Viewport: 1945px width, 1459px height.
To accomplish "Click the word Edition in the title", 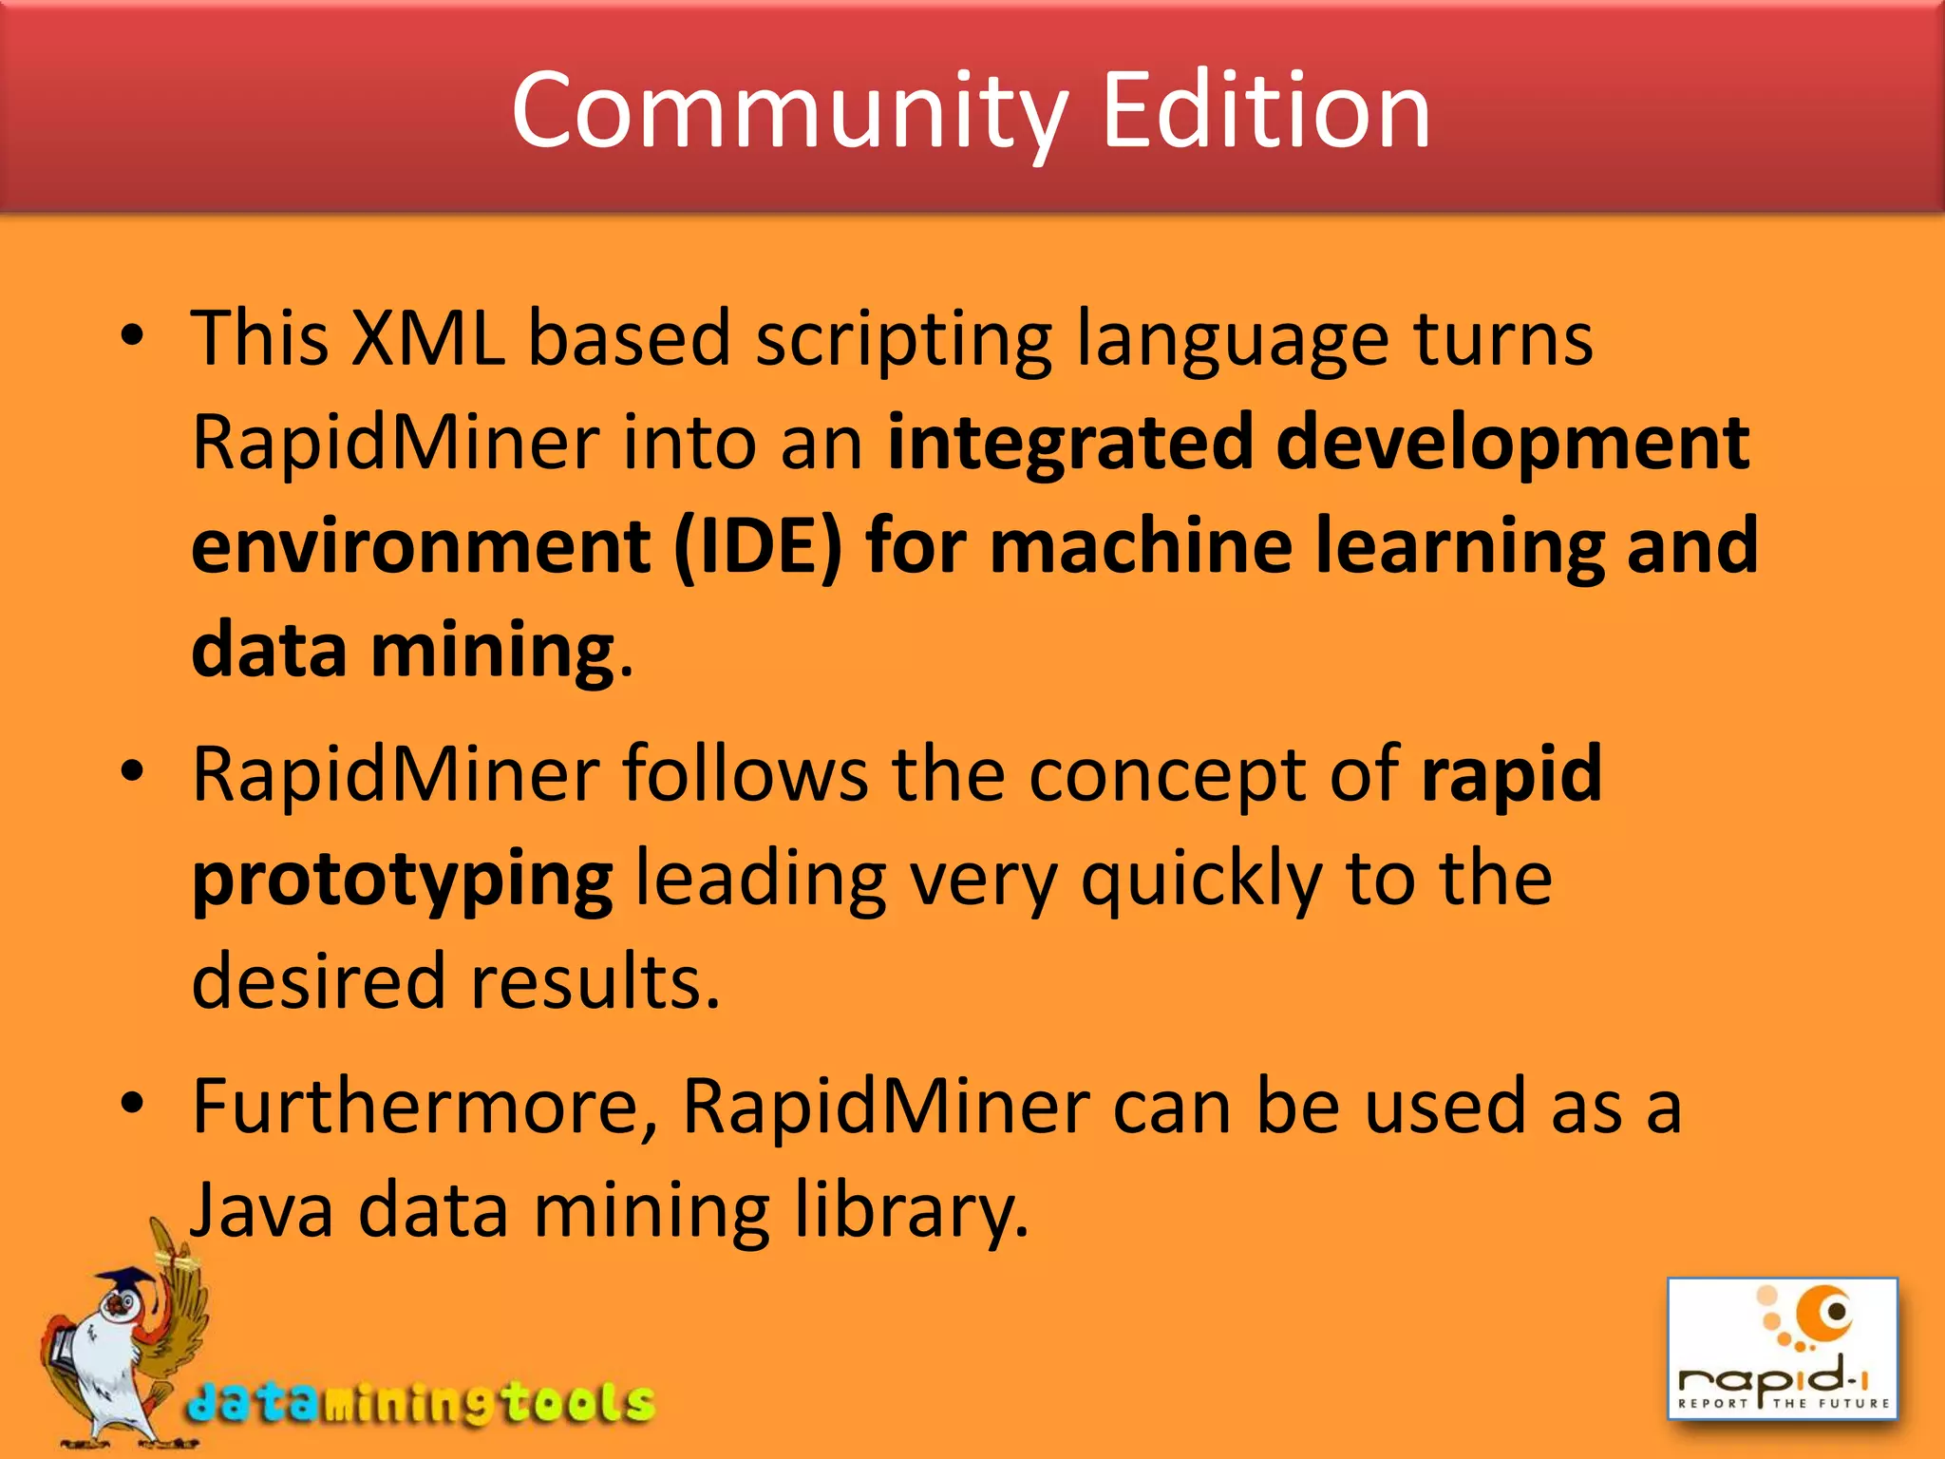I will (1265, 112).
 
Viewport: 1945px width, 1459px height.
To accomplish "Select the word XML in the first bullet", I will (427, 338).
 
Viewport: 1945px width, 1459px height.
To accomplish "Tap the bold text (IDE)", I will (757, 547).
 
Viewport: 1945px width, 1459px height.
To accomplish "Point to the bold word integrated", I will (1070, 443).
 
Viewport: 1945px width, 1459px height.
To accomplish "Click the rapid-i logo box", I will (1782, 1349).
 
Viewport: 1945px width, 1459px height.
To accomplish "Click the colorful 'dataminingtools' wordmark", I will (421, 1402).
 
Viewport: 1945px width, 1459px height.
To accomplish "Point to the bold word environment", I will (421, 547).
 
